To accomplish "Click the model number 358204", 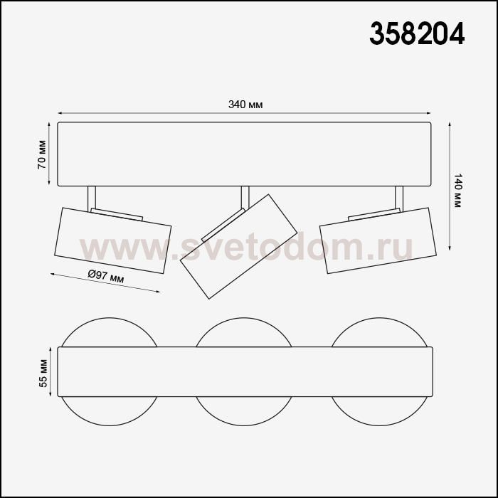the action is coord(417,33).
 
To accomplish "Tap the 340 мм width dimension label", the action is coord(245,105).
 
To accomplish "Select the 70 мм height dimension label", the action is coord(42,154).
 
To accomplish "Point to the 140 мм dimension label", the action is coord(457,190).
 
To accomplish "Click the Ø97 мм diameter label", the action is coord(106,276).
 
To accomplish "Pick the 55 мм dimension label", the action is coord(43,373).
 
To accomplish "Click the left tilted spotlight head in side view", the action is coord(112,240).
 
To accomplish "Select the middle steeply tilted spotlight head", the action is coord(238,246).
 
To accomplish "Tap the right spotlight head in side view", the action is coord(378,240).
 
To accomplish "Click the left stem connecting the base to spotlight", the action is coord(91,198).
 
